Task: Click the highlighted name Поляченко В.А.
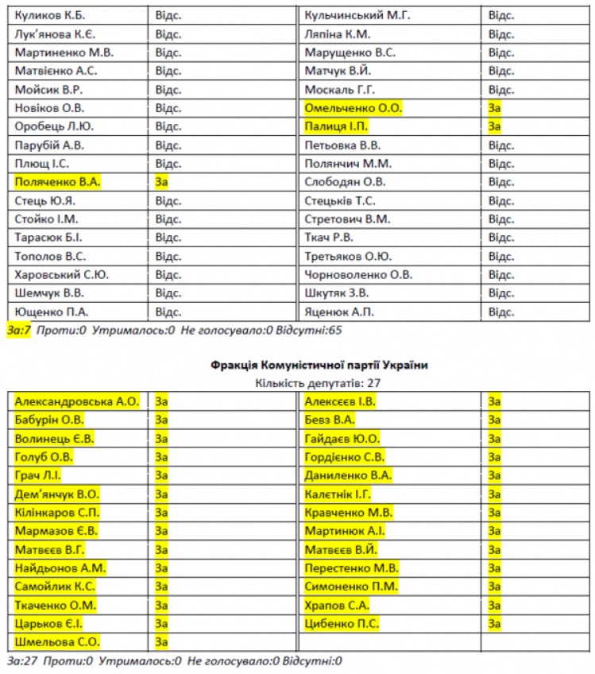point(57,182)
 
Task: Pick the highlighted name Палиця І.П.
point(336,126)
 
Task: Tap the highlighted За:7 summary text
point(18,329)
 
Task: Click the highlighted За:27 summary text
point(21,660)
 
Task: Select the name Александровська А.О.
point(76,401)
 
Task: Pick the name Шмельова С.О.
point(57,642)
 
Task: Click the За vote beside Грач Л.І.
point(161,475)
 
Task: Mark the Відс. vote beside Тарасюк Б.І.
point(168,238)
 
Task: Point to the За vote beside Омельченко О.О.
point(494,108)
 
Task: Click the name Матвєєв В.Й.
point(340,550)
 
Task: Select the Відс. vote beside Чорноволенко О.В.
point(500,275)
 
